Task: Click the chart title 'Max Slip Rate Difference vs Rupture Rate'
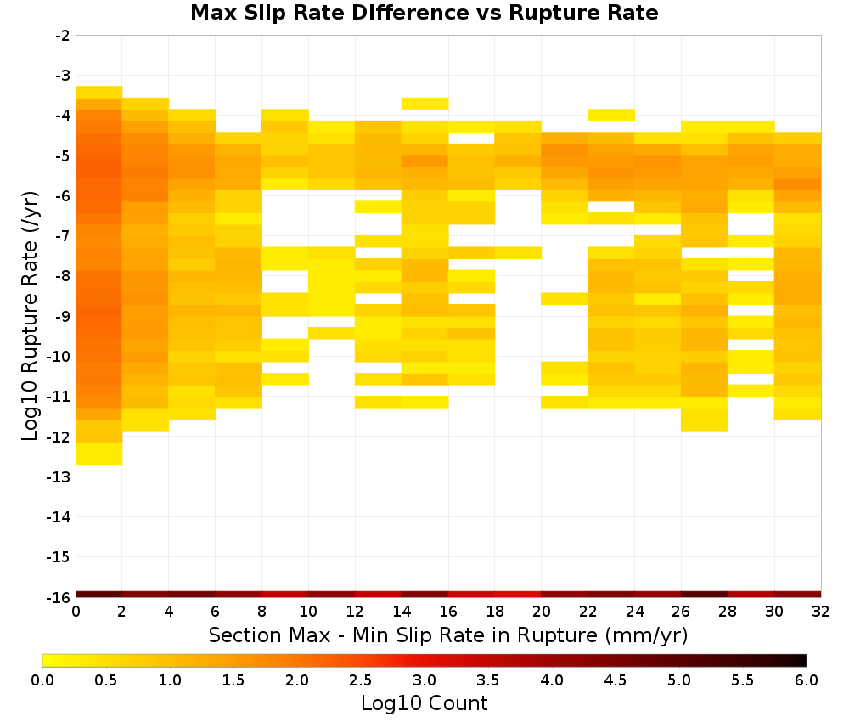[424, 13]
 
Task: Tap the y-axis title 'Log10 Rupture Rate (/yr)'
[31, 316]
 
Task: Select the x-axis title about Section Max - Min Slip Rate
[447, 635]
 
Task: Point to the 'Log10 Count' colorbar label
[424, 703]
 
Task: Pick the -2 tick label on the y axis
[62, 37]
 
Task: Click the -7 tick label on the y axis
[62, 236]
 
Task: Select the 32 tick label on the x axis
[821, 612]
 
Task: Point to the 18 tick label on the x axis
[495, 612]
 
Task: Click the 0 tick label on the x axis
[76, 612]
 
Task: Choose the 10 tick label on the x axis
[308, 612]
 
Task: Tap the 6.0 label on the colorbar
[807, 680]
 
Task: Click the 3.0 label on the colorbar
[424, 680]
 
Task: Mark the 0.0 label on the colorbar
[42, 680]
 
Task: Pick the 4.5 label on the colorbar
[615, 680]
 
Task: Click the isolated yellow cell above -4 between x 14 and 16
[424, 104]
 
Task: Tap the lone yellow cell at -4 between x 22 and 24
[611, 115]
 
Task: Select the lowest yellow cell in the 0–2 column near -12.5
[99, 454]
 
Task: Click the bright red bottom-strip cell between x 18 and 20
[518, 595]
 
